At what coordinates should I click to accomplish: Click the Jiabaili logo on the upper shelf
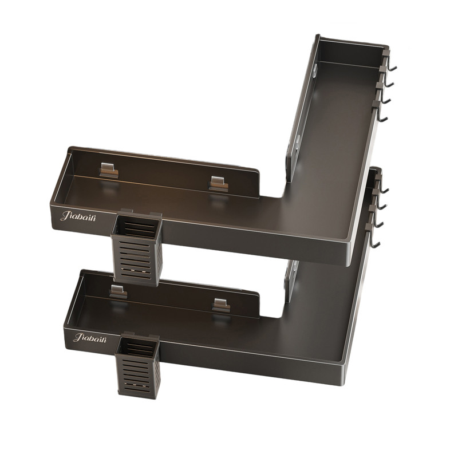[x=78, y=216]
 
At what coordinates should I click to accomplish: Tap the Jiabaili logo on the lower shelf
[x=90, y=338]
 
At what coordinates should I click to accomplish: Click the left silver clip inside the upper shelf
[x=109, y=170]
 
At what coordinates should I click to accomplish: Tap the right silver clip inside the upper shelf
[x=219, y=184]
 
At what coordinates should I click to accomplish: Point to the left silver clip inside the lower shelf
[x=119, y=292]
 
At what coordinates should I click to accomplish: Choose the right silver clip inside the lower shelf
[x=221, y=305]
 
